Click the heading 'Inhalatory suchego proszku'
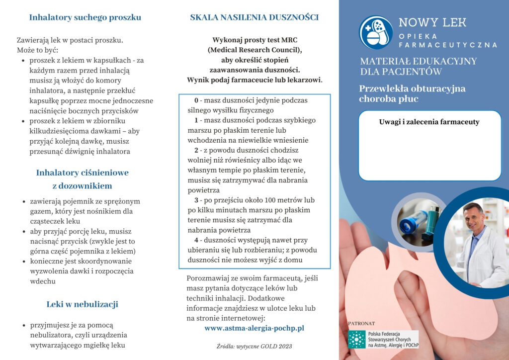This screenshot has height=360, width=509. click(x=85, y=18)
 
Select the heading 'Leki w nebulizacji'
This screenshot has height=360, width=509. click(x=82, y=304)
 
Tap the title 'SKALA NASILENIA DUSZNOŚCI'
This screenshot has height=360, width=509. click(x=254, y=18)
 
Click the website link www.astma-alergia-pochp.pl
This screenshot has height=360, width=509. click(x=254, y=328)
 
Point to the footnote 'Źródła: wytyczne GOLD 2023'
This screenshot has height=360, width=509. click(x=254, y=346)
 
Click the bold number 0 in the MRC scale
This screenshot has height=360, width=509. click(x=196, y=100)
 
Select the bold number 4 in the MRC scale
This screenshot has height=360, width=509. click(x=196, y=240)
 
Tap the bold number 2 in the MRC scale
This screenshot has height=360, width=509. click(x=196, y=150)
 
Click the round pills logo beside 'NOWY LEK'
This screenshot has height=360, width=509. click(x=376, y=32)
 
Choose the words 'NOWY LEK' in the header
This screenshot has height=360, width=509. click(x=432, y=22)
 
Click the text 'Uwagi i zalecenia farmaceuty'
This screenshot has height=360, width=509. click(x=429, y=122)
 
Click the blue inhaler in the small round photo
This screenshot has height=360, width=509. click(x=414, y=221)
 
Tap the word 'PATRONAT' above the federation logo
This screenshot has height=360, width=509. click(x=361, y=323)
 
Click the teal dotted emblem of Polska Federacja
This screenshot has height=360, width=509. click(x=356, y=339)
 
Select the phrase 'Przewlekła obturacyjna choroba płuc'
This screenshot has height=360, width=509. click(x=412, y=93)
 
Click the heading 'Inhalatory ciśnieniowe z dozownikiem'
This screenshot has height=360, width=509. click(x=82, y=180)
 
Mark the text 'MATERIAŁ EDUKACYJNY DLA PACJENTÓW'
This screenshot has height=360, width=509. click(x=419, y=66)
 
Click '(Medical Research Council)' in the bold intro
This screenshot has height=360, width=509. click(x=254, y=50)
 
